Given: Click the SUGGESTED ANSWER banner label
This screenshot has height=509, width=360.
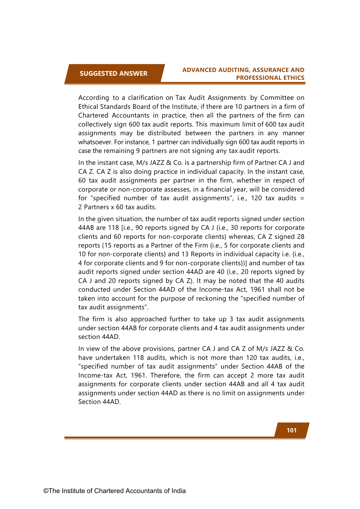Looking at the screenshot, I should [113, 73].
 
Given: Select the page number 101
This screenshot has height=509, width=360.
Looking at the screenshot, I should [292, 430].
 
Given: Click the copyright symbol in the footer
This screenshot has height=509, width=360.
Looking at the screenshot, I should [46, 491].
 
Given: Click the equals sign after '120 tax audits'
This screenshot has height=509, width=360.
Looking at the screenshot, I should [302, 198].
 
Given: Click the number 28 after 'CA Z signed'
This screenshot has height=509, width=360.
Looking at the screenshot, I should [301, 237].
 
